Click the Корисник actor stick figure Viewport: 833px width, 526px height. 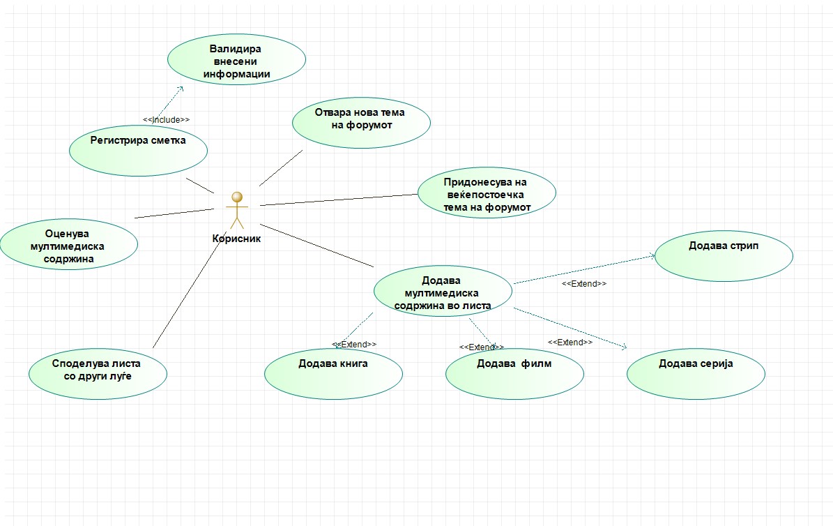coord(238,209)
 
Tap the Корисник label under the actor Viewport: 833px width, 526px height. coord(236,238)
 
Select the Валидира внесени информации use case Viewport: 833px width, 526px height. coord(237,61)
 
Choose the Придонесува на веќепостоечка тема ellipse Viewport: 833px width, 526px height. coord(487,195)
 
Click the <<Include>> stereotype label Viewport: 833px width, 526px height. coord(166,119)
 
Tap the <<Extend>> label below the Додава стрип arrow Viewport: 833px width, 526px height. coord(584,284)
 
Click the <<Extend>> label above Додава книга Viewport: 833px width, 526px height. coord(355,344)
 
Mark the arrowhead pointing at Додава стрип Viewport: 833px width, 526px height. coord(652,256)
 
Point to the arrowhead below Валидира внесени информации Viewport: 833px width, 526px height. coord(180,89)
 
